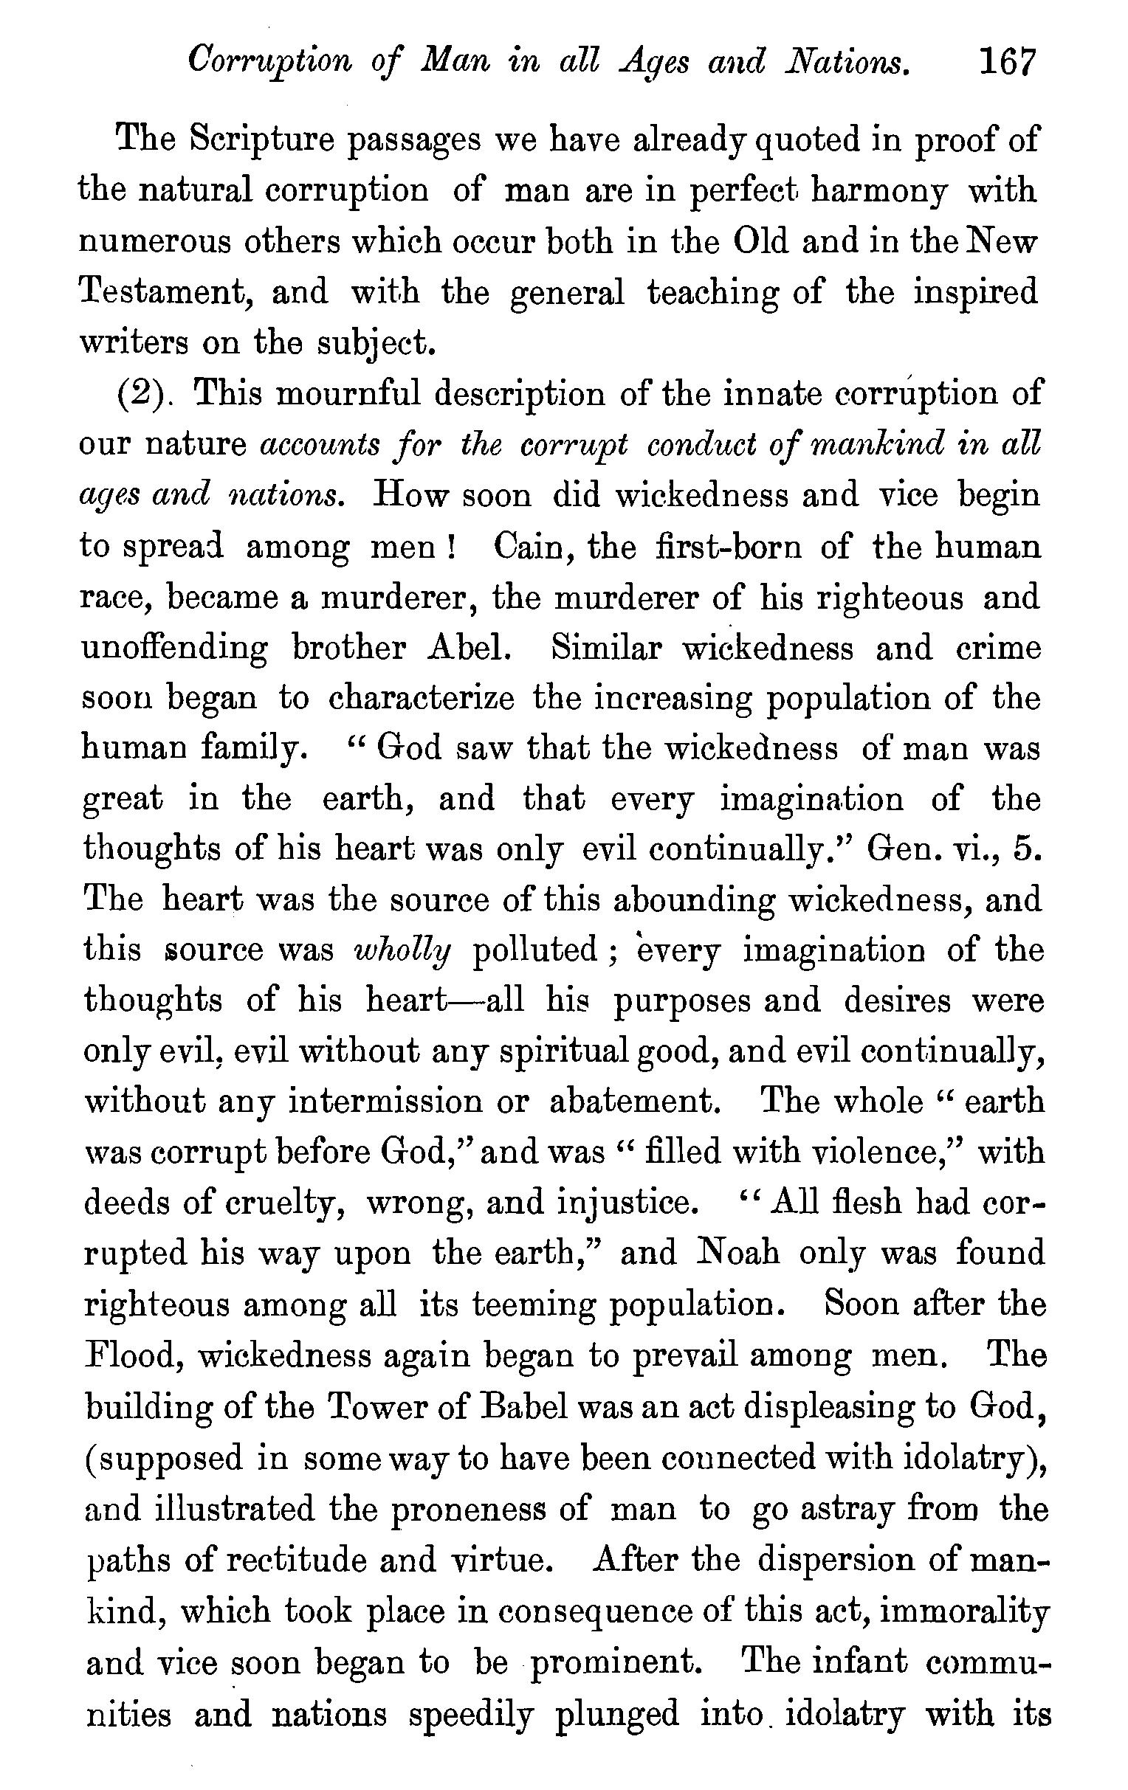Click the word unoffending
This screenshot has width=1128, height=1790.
click(x=175, y=650)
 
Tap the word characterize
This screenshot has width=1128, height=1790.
click(x=421, y=699)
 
